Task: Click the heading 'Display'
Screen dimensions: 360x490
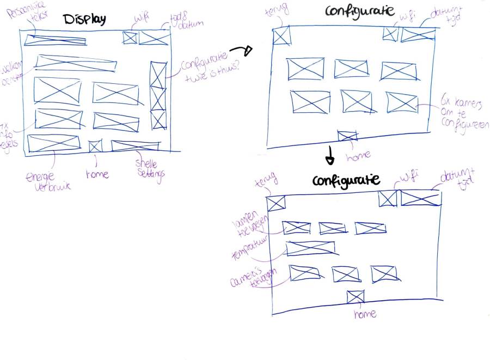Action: [84, 19]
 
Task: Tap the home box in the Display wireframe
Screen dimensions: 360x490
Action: [95, 146]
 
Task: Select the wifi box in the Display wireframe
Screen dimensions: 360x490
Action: [129, 38]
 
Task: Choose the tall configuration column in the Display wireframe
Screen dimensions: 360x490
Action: [158, 95]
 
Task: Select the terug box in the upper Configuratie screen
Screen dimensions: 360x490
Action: [281, 36]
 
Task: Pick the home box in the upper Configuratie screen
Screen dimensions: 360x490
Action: [347, 136]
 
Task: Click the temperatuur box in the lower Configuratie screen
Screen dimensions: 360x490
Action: [310, 248]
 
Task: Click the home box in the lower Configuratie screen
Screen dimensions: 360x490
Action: [355, 297]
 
